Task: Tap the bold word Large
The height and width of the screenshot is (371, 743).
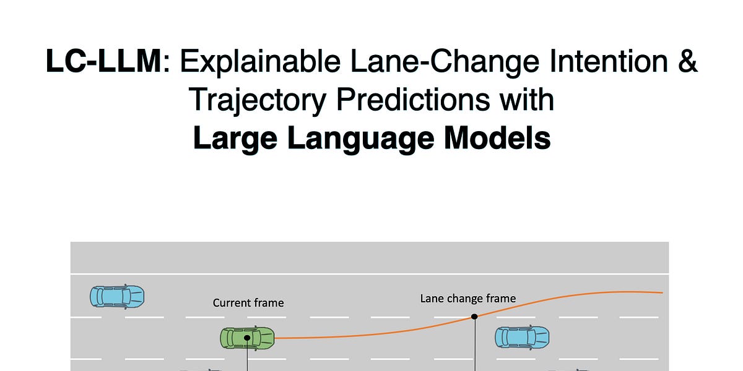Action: (x=238, y=139)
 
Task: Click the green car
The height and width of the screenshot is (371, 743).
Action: (x=247, y=338)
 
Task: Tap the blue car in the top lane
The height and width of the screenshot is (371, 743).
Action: (x=117, y=296)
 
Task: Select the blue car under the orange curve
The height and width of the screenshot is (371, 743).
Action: (x=522, y=338)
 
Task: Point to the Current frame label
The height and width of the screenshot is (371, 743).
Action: (x=248, y=303)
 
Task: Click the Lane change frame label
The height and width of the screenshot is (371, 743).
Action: (x=468, y=299)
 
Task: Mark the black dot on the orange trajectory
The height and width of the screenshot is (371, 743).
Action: (x=474, y=317)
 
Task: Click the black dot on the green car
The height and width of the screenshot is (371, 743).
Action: (x=247, y=338)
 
